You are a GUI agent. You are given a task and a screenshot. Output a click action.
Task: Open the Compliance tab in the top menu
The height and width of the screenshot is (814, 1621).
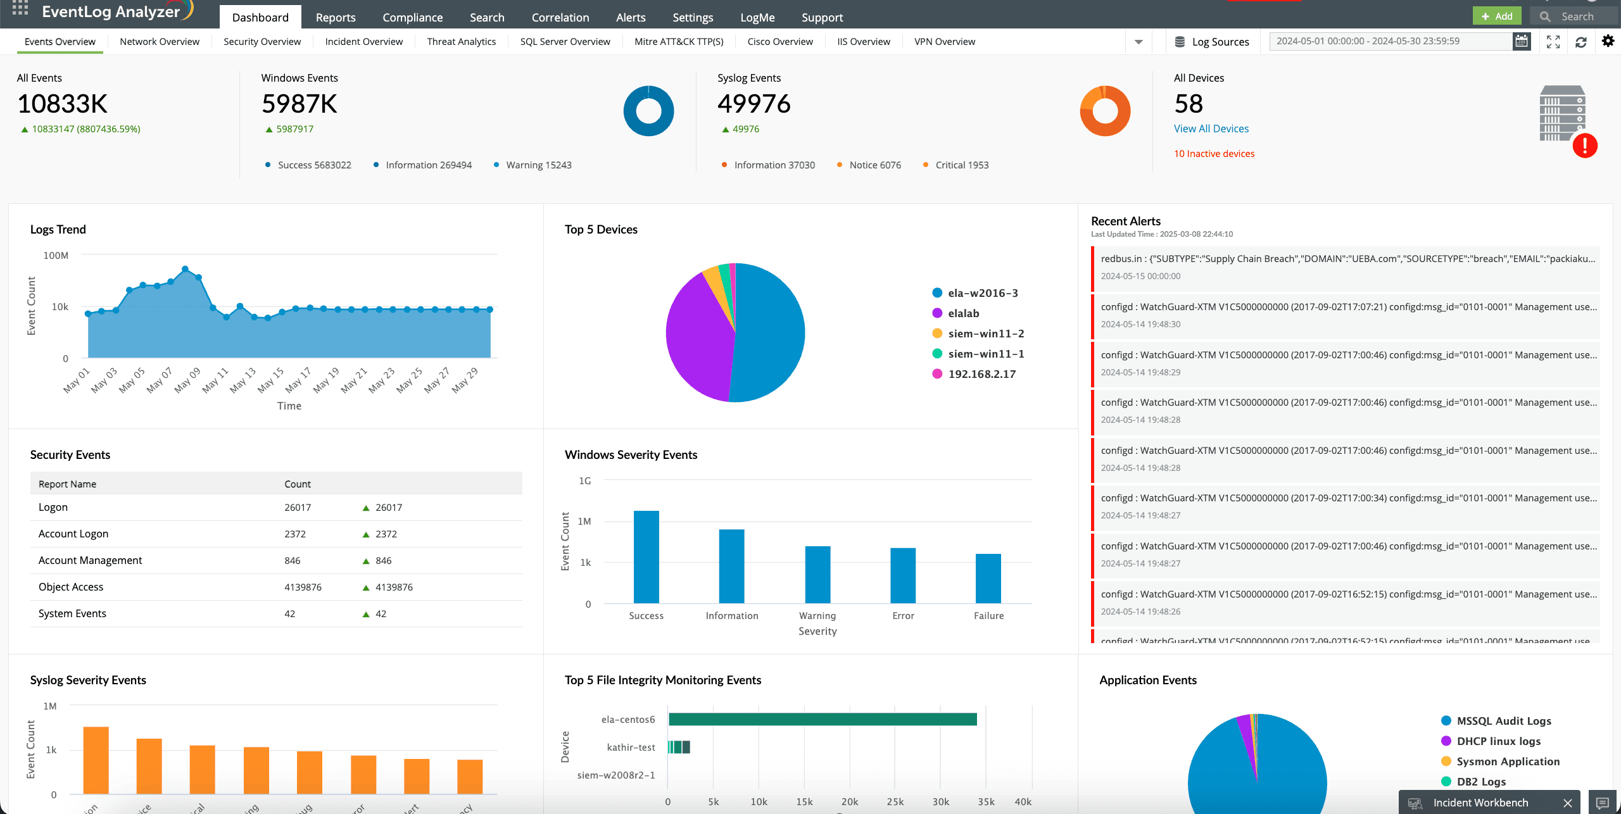[x=412, y=17]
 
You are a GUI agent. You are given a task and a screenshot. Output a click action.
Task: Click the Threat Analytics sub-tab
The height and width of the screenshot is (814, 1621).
[x=461, y=42]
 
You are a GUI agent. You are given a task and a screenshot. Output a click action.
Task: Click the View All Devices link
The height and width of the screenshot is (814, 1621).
[x=1211, y=128]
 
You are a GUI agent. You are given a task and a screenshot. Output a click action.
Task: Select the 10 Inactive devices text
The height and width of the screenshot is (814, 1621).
[x=1214, y=154]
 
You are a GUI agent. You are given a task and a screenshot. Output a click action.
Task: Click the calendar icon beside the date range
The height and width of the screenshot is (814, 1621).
[x=1521, y=42]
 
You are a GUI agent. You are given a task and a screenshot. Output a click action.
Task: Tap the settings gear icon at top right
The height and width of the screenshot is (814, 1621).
[x=1608, y=41]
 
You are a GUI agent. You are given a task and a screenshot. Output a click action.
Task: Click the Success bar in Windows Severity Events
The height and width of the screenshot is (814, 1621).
[x=646, y=557]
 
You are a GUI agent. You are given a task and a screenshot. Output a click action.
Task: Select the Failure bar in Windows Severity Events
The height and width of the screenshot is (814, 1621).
[x=988, y=579]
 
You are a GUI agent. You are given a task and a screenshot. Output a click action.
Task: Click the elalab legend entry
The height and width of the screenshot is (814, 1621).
[x=963, y=313]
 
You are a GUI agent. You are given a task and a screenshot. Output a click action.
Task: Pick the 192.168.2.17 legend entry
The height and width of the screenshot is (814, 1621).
[x=981, y=374]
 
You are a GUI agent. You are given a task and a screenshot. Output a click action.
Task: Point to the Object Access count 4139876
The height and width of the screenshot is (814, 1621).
[x=303, y=587]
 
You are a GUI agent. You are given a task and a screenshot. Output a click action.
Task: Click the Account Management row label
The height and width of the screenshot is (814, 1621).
[x=90, y=561]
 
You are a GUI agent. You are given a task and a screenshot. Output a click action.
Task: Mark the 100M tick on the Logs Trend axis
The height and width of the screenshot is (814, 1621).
[x=56, y=256]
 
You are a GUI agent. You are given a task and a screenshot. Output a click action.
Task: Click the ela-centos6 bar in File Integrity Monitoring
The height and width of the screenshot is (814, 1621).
[x=822, y=719]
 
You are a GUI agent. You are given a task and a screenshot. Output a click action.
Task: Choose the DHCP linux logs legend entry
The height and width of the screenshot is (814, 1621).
[x=1498, y=741]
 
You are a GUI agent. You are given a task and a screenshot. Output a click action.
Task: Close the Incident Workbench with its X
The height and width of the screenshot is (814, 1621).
[x=1567, y=803]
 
